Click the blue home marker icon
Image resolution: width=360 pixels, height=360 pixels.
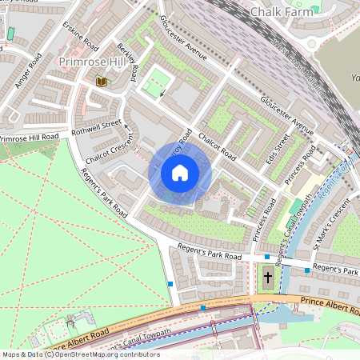[x=180, y=173]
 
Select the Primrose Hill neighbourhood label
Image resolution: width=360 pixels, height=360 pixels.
[x=89, y=62]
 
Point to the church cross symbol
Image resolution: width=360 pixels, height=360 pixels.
[x=267, y=279]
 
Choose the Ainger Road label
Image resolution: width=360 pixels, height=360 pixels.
[x=26, y=72]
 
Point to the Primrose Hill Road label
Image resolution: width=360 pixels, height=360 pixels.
[x=29, y=139]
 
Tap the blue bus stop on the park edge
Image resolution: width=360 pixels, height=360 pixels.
[x=170, y=283]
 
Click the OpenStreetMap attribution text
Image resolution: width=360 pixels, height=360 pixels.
[x=80, y=354]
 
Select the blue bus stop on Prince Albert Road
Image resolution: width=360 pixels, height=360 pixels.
[x=203, y=307]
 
